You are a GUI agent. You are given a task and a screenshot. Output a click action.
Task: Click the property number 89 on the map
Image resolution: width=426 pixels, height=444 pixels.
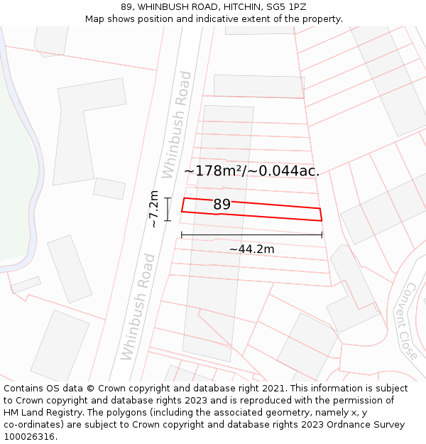(x=222, y=205)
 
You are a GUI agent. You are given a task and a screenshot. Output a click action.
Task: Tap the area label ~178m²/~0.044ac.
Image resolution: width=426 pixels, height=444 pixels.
(x=251, y=170)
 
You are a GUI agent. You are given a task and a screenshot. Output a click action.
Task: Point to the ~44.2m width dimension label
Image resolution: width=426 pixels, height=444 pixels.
(x=251, y=249)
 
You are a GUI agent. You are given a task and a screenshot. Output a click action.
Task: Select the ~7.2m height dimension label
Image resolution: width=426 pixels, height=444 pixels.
(x=153, y=209)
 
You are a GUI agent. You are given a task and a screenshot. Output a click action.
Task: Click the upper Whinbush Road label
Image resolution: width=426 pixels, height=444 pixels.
(x=177, y=124)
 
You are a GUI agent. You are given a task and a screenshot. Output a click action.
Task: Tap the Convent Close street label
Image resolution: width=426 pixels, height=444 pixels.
(x=410, y=320)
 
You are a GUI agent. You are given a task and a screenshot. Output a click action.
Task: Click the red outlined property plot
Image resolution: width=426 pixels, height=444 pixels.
(x=270, y=211)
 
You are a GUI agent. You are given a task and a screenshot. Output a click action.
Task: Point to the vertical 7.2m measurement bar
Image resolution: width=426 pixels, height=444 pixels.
(x=168, y=210)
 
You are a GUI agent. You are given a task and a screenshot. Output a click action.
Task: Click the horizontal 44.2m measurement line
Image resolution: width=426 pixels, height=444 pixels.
(x=251, y=234)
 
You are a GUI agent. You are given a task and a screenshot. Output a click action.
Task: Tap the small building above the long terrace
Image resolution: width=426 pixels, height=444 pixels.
(x=258, y=86)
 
